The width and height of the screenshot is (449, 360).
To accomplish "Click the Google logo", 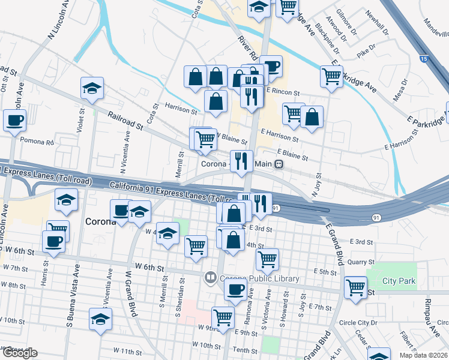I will pos(19,353).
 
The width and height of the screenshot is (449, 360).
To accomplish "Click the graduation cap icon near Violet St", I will pos(92,88).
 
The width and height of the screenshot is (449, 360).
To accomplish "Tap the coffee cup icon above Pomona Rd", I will pos(14,119).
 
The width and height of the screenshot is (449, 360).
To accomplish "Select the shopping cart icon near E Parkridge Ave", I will pos(331,76).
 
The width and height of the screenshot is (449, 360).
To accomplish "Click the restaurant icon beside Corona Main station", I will pos(241,160).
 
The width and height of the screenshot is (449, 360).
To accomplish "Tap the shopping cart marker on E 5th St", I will pos(267,259).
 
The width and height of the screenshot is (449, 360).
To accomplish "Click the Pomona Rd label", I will pos(37,143).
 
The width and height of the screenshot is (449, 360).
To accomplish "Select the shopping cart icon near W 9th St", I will pos(223,317).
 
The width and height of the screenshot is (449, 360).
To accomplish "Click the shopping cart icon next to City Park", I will pos(355,287).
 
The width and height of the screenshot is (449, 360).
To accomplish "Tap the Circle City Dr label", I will pos(358,322).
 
